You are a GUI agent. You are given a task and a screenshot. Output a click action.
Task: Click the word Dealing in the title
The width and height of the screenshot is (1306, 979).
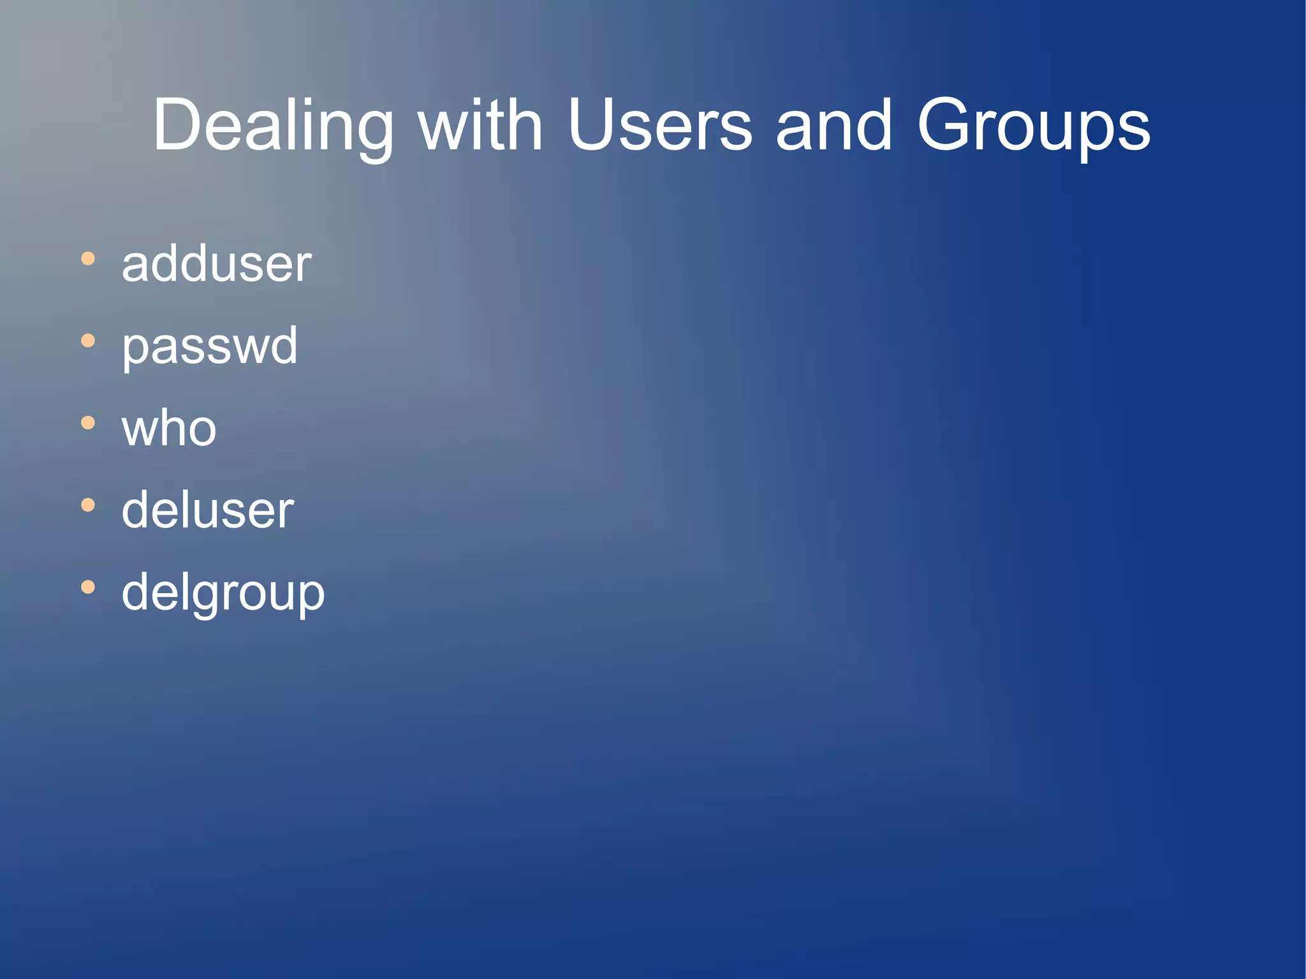tap(273, 126)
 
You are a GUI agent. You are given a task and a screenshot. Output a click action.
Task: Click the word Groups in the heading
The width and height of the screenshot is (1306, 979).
tap(1034, 126)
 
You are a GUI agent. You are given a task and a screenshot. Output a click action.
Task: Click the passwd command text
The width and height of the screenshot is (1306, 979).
tap(210, 346)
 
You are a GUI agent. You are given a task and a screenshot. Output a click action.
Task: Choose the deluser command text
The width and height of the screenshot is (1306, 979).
tap(208, 510)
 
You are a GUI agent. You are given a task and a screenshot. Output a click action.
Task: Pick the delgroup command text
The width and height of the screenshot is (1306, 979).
tap(223, 593)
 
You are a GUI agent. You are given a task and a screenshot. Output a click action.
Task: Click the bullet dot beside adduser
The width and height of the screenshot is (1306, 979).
tap(88, 259)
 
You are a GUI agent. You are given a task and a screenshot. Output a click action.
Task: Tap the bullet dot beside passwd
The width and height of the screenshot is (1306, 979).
tap(88, 341)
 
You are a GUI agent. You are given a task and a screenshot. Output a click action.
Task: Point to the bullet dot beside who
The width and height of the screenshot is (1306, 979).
tap(88, 423)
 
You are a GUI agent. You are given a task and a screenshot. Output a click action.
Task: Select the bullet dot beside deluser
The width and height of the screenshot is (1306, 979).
tap(88, 505)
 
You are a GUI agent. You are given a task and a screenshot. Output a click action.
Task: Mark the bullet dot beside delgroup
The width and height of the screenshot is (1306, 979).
tap(88, 587)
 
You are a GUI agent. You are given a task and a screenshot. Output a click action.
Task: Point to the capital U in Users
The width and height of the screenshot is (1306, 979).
tap(592, 125)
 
